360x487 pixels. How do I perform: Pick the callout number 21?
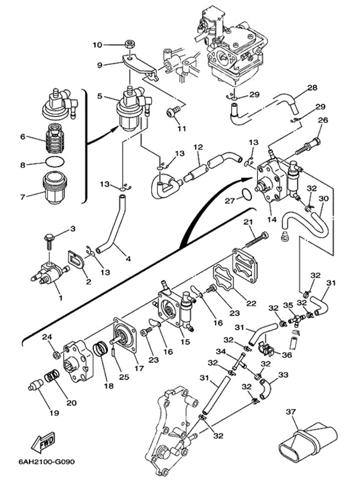[246, 223]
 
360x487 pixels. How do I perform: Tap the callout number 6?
[22, 137]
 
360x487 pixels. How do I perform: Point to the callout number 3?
[73, 229]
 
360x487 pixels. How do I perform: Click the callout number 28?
[312, 88]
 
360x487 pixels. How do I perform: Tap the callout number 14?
[272, 220]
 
